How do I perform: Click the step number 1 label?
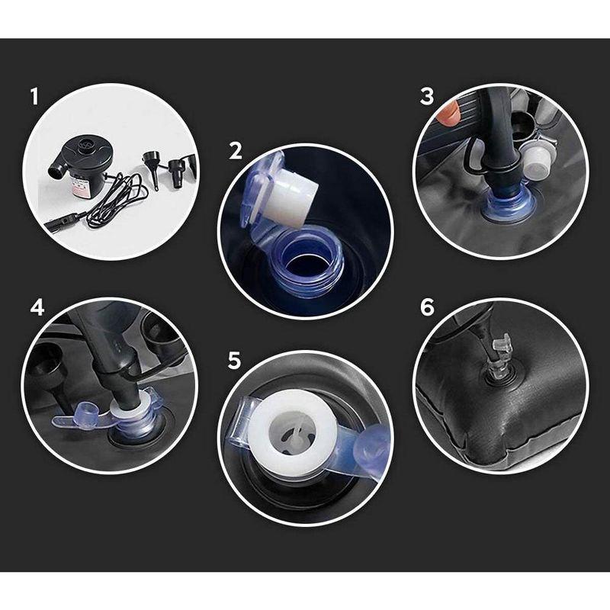[34, 97]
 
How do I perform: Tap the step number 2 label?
[236, 150]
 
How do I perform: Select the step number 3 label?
[427, 97]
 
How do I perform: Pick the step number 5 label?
[235, 361]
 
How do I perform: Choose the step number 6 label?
[427, 308]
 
